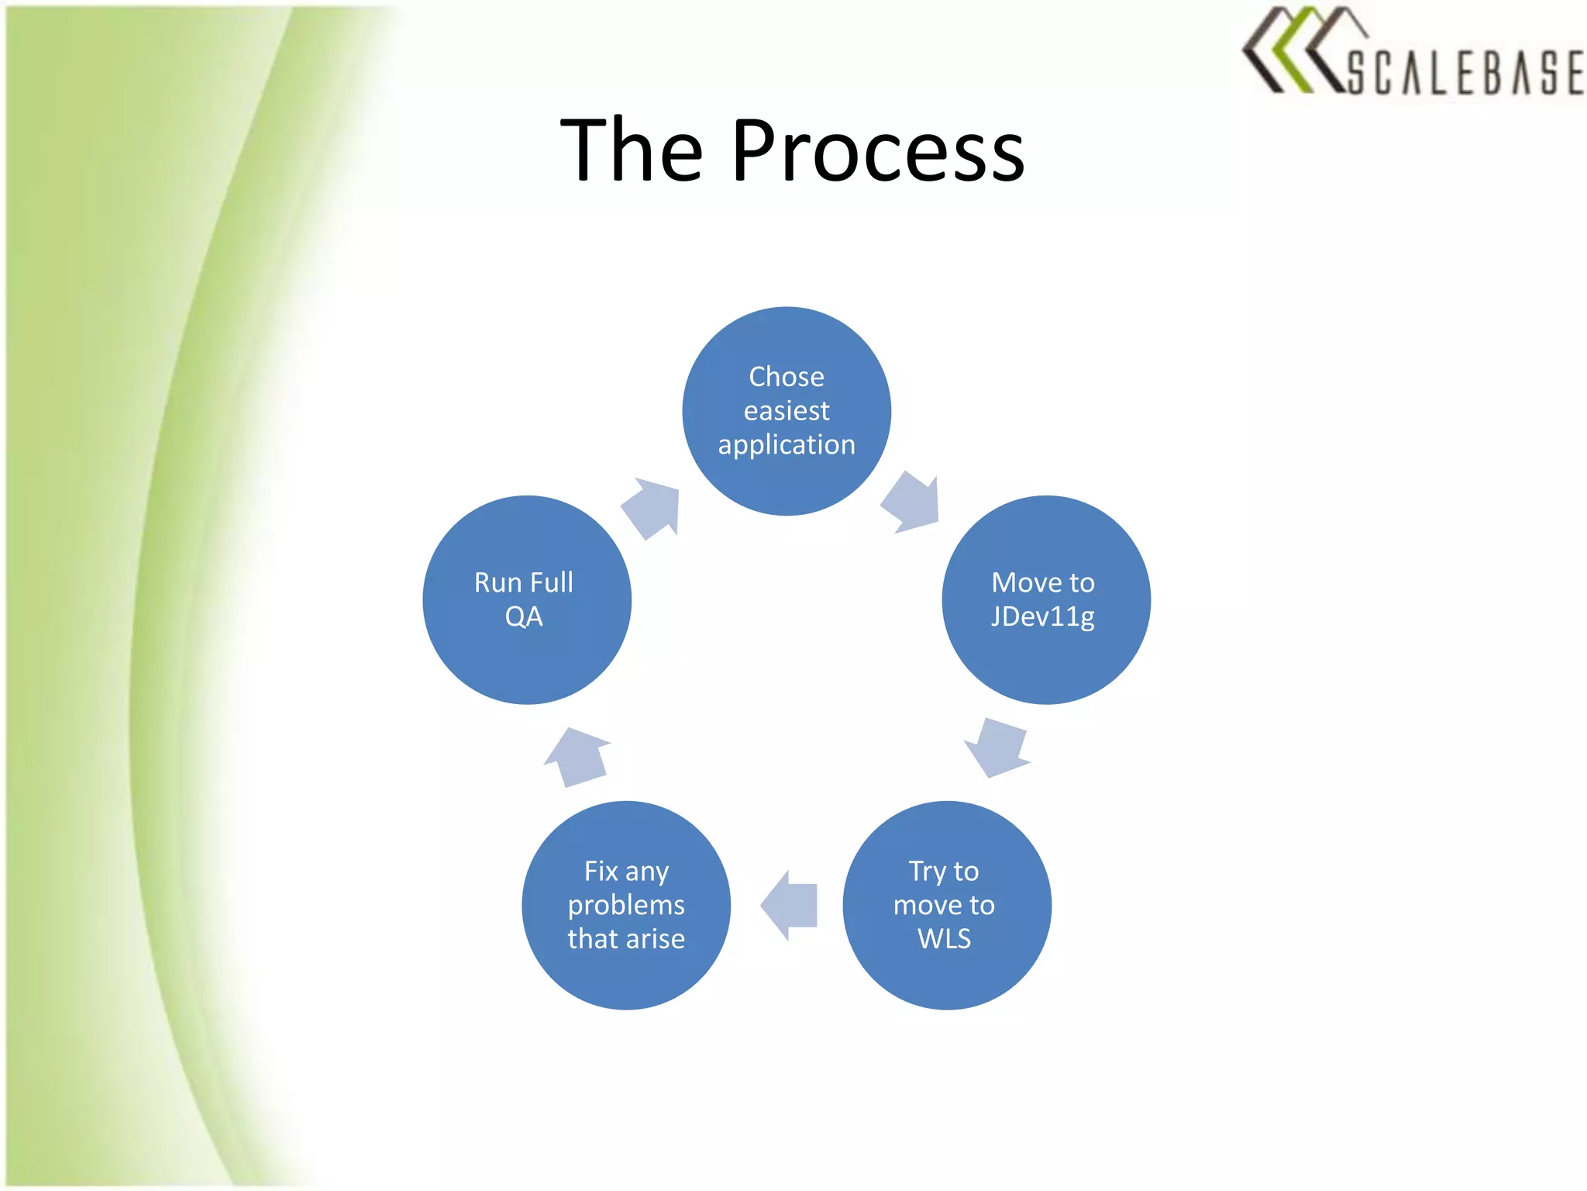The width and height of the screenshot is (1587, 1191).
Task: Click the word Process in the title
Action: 878,151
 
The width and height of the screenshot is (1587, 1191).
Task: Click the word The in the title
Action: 632,151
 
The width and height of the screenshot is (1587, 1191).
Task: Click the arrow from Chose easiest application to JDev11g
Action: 913,502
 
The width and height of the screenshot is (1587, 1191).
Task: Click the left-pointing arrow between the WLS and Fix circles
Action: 790,905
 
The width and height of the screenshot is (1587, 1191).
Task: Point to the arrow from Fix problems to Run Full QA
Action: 577,757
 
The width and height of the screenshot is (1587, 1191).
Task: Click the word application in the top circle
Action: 787,445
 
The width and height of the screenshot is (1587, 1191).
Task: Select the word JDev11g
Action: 1043,617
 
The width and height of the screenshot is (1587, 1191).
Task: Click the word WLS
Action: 944,939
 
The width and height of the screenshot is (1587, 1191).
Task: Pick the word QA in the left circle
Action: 524,617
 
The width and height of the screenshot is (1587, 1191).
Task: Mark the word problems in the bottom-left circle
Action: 626,906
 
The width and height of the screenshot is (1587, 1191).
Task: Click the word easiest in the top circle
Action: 787,411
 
